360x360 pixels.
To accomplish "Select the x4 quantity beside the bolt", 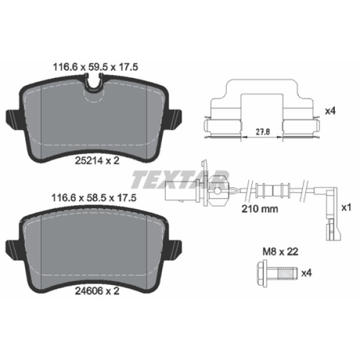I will (x=307, y=273).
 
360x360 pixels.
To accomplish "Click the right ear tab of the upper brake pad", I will (x=176, y=118).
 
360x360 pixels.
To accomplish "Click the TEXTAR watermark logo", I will (x=180, y=179).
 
